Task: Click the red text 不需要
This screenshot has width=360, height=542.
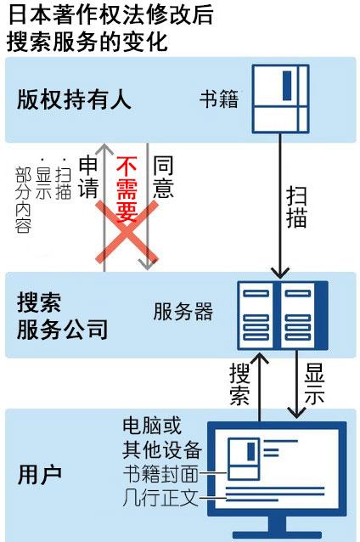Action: pyautogui.click(x=127, y=189)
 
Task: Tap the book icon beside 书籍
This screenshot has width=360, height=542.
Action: pyautogui.click(x=280, y=99)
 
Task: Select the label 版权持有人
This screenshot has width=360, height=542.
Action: pyautogui.click(x=74, y=99)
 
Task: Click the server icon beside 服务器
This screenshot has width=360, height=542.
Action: pyautogui.click(x=283, y=315)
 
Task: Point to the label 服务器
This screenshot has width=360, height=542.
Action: pyautogui.click(x=183, y=311)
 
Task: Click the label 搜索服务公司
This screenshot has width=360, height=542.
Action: pyautogui.click(x=62, y=315)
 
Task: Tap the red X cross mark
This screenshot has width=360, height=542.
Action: pyautogui.click(x=127, y=232)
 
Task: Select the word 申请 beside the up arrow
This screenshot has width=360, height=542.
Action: pyautogui.click(x=88, y=177)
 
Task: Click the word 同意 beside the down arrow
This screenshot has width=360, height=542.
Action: pyautogui.click(x=163, y=177)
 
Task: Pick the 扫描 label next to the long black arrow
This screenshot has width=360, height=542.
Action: pyautogui.click(x=296, y=206)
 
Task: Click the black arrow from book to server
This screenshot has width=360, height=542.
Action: pyautogui.click(x=280, y=206)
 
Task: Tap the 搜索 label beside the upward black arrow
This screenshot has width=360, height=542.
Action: pyautogui.click(x=239, y=384)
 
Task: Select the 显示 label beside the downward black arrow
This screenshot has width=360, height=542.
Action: pyautogui.click(x=314, y=384)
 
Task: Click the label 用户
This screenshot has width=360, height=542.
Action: pyautogui.click(x=40, y=475)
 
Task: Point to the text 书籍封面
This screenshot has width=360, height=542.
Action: pyautogui.click(x=160, y=473)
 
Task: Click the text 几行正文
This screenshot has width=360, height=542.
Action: pyautogui.click(x=160, y=498)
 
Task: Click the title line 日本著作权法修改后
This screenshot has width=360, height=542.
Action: pyautogui.click(x=110, y=14)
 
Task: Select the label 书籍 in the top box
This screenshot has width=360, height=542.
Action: pyautogui.click(x=219, y=99)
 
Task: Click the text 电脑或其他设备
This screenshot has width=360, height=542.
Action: pyautogui.click(x=162, y=438)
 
